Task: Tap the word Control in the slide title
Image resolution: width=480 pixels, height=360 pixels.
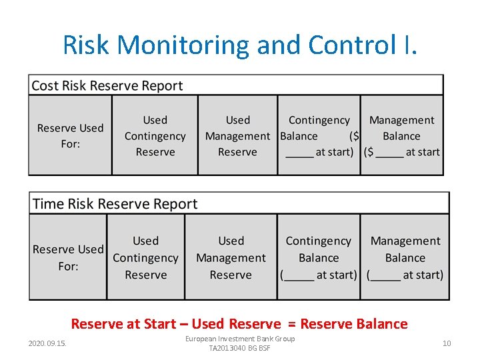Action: [355, 45]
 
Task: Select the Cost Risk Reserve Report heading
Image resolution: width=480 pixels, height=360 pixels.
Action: [107, 85]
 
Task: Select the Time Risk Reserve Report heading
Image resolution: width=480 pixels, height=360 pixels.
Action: [115, 203]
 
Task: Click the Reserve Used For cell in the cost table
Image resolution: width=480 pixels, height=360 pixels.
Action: [70, 135]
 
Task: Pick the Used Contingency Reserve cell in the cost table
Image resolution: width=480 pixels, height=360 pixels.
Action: [155, 135]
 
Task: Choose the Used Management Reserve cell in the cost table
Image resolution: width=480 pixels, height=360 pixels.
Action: [237, 135]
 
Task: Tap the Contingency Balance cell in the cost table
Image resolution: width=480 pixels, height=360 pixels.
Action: [319, 135]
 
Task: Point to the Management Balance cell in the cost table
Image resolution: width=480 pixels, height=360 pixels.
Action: [401, 135]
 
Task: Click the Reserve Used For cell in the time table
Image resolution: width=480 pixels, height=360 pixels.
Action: [68, 257]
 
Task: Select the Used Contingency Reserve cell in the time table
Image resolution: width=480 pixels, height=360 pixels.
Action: [145, 257]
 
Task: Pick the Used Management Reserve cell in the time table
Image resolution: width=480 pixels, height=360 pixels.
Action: [231, 257]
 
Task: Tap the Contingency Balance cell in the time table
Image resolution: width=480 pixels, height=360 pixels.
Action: [318, 257]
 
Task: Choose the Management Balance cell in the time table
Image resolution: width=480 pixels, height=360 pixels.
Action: [405, 257]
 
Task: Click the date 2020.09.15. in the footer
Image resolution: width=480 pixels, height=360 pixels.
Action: [48, 343]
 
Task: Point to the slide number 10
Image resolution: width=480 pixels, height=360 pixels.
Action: [447, 343]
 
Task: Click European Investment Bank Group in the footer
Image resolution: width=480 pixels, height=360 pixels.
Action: [240, 339]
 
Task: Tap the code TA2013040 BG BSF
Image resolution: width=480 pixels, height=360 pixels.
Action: [240, 348]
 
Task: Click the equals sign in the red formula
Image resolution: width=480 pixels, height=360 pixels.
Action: [291, 324]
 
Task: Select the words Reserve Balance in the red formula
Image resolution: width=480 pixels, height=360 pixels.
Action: [354, 324]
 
